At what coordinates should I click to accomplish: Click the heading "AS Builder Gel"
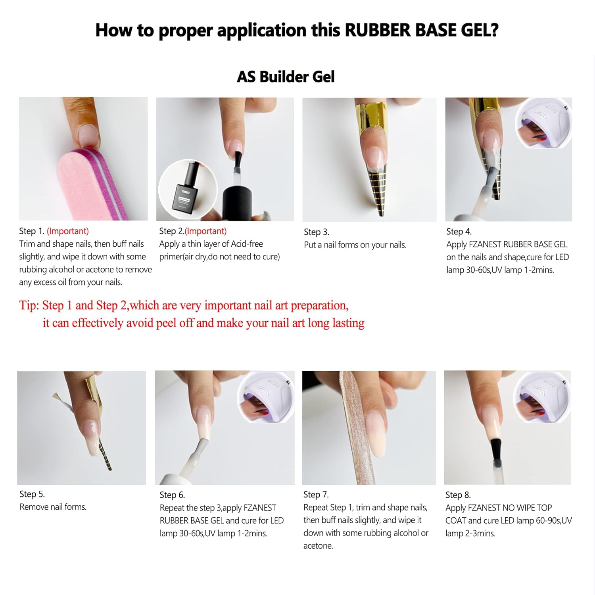[x=286, y=77]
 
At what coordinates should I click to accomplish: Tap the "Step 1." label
[x=32, y=231]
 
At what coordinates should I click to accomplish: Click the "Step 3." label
[x=316, y=232]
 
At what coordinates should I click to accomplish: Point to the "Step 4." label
[x=459, y=232]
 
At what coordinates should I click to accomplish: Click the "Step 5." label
[x=32, y=494]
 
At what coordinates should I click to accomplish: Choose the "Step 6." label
[x=172, y=495]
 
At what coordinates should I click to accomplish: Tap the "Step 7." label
[x=316, y=495]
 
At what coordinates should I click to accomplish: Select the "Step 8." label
[x=458, y=495]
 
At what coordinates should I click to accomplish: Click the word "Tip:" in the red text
[x=29, y=305]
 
